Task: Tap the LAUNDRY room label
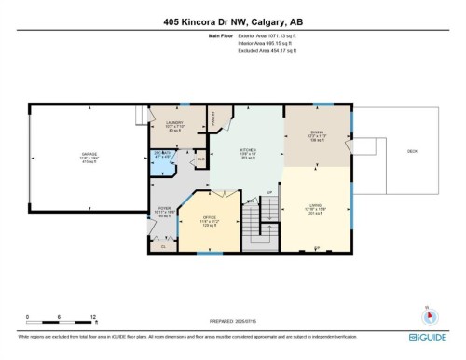pos(173,123)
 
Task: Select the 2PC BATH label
pos(163,154)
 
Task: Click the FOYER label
pos(165,209)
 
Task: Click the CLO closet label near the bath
pos(199,159)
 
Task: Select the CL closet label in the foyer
pos(163,245)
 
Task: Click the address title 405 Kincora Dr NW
pos(232,21)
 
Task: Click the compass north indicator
pos(428,312)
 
